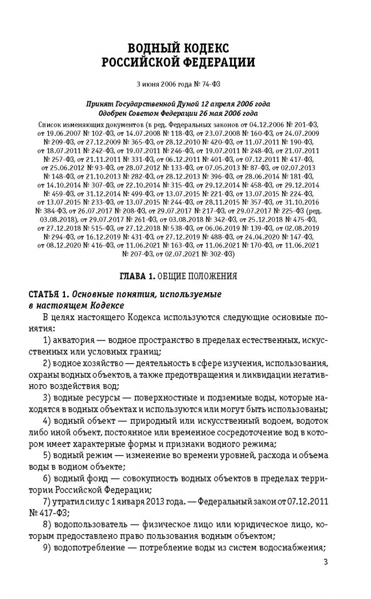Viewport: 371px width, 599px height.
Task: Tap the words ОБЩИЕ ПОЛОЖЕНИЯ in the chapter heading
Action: pos(197,276)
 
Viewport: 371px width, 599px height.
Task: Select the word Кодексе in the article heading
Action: pos(105,306)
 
